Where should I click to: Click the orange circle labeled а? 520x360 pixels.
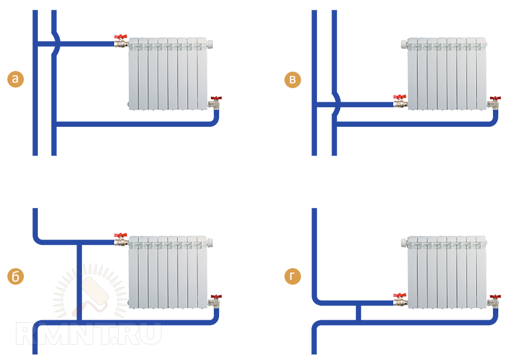(x=15, y=79)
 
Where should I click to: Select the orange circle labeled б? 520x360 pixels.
(x=15, y=276)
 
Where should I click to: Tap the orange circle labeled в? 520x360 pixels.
(x=292, y=80)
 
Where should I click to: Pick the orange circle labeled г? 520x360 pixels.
(x=292, y=276)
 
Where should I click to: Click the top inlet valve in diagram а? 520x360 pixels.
(x=121, y=41)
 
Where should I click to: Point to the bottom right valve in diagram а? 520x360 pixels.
(x=215, y=103)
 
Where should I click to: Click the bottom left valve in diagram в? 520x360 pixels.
(x=400, y=101)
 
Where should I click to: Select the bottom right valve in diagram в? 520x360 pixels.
(x=494, y=102)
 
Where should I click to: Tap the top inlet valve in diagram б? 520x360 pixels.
(x=121, y=239)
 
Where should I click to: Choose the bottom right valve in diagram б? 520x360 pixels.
(x=215, y=301)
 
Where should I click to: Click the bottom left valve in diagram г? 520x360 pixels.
(x=400, y=299)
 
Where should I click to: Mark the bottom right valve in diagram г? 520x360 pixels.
(x=494, y=301)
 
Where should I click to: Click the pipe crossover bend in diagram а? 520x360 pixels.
(x=57, y=43)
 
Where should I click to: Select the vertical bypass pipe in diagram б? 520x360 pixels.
(x=80, y=282)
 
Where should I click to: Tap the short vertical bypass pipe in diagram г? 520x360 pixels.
(x=358, y=313)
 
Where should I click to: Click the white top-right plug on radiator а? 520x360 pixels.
(x=210, y=43)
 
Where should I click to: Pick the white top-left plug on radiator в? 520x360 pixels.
(x=404, y=43)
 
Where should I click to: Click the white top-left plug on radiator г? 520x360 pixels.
(x=404, y=242)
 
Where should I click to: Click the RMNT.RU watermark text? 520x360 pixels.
(x=89, y=333)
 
